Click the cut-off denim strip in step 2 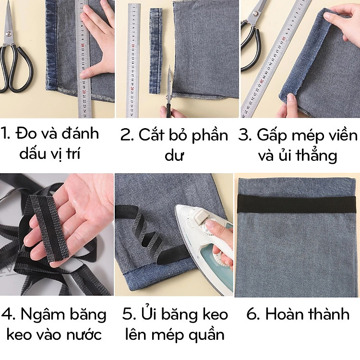click(156, 50)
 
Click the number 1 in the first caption click(5, 133)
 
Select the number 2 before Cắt click(126, 135)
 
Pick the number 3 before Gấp click(245, 135)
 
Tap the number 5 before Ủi click(128, 315)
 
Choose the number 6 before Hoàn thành click(252, 315)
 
